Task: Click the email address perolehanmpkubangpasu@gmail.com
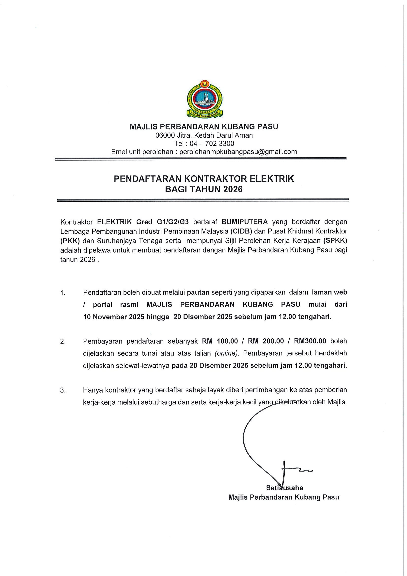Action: [x=238, y=152]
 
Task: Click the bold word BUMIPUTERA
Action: [x=245, y=222]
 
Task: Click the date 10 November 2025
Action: [x=114, y=317]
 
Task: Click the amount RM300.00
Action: [x=310, y=341]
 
